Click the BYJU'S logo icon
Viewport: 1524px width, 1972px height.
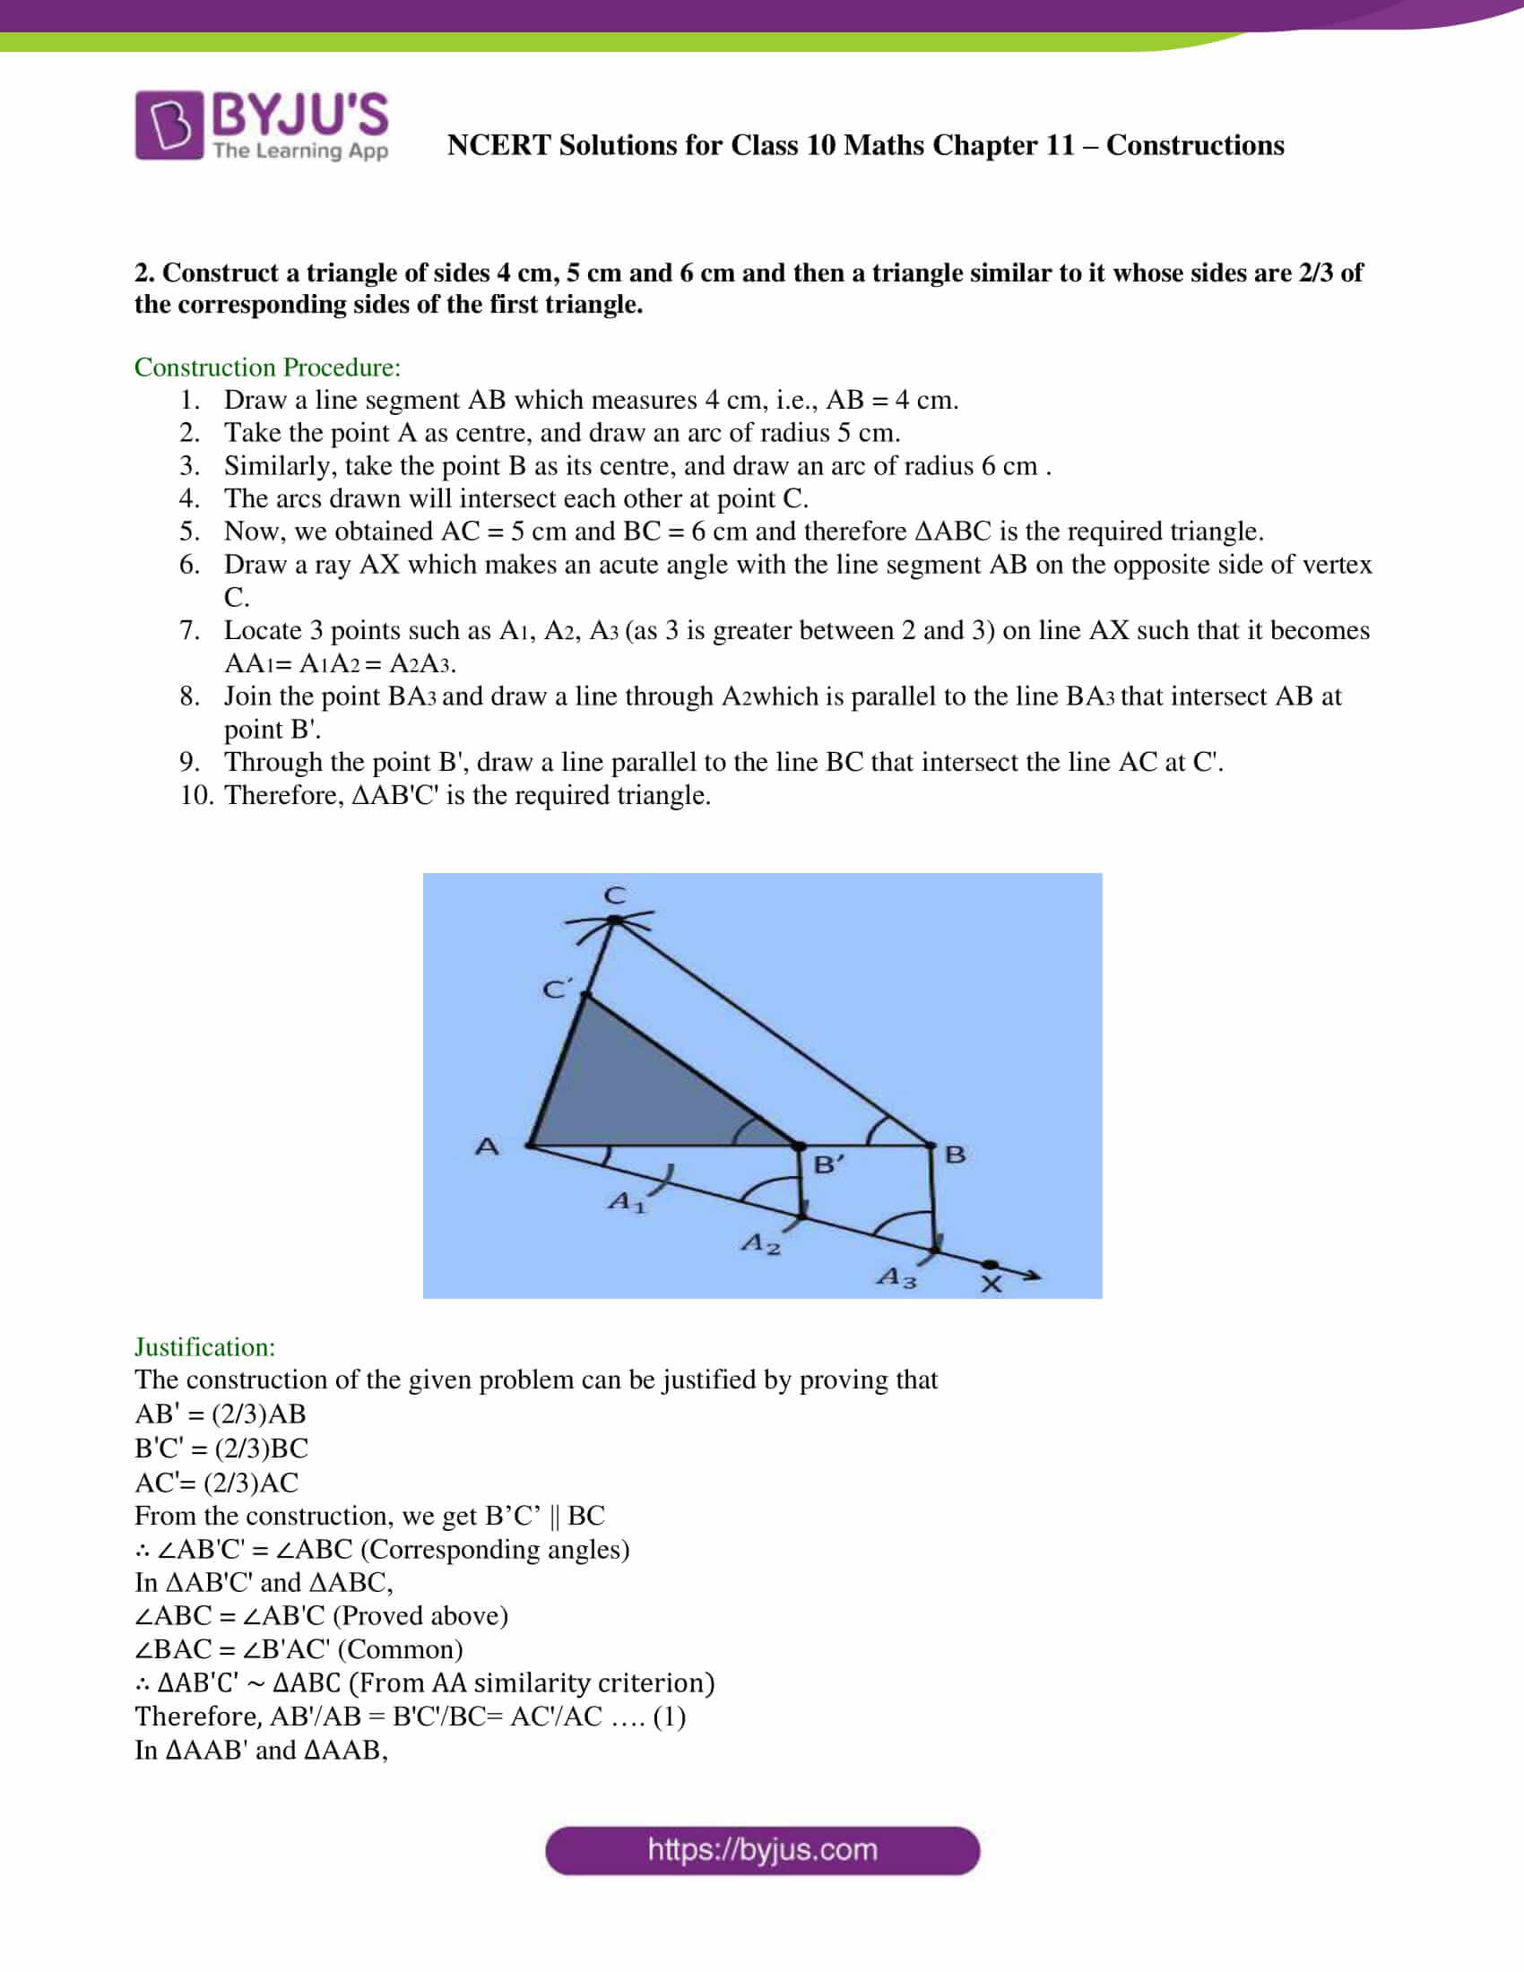169,125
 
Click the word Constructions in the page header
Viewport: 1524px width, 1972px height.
1194,145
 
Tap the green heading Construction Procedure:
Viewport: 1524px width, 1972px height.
267,368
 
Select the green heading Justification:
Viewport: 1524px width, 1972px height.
205,1347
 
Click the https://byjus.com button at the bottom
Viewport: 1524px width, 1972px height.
762,1850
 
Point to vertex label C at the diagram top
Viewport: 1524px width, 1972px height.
615,895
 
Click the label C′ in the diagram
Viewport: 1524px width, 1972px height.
556,989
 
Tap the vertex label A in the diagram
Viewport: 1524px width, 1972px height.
487,1146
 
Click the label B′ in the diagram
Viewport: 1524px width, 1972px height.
828,1164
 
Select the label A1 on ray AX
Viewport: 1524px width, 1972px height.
627,1202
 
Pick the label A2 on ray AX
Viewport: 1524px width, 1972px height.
760,1244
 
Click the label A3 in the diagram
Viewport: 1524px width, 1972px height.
896,1276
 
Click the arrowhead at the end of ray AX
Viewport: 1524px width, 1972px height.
1032,1276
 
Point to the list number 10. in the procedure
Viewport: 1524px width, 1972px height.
196,795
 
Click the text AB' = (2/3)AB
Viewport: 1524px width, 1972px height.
221,1414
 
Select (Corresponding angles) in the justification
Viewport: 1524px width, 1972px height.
495,1550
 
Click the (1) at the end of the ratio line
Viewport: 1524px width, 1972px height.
669,1717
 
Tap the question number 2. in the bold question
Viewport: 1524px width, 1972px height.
143,272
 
